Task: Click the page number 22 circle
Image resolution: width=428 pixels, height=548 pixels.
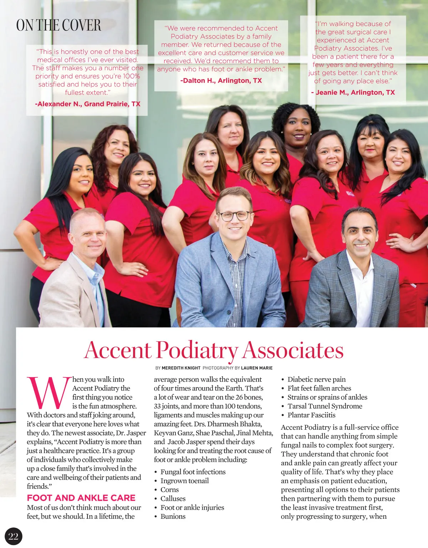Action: [14, 536]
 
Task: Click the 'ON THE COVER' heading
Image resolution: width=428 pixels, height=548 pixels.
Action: [58, 25]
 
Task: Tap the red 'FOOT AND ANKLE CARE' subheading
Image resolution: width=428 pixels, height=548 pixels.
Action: [81, 498]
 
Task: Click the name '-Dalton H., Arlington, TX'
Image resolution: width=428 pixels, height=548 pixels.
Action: [221, 81]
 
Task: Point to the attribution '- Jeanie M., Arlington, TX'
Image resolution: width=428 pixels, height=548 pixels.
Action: [353, 92]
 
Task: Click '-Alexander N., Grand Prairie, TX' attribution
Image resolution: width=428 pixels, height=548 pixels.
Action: [88, 104]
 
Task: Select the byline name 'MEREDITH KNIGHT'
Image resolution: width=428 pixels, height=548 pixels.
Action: [181, 368]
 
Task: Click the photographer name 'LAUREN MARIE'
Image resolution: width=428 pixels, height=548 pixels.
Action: [256, 368]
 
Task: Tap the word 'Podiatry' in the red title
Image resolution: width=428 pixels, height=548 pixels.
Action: [197, 351]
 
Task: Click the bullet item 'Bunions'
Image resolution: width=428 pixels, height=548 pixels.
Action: [173, 516]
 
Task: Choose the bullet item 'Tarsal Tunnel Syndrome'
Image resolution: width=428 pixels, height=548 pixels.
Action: [325, 406]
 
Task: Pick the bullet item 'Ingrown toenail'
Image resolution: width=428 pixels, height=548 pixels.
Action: [184, 481]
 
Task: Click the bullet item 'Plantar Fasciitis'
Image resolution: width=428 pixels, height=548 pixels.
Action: [311, 415]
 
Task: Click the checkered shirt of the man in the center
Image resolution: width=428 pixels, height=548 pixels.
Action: [235, 278]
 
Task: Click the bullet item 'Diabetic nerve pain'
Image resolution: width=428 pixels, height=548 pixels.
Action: [316, 379]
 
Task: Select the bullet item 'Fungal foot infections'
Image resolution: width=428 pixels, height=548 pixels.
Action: [193, 472]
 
